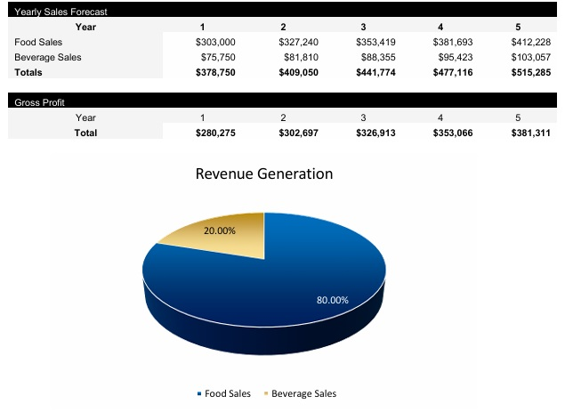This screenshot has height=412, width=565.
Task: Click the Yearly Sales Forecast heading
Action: [x=61, y=12]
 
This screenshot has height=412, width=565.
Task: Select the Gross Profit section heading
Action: [x=39, y=102]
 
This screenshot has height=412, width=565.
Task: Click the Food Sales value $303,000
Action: [x=215, y=42]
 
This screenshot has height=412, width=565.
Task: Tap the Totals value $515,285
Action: [x=531, y=72]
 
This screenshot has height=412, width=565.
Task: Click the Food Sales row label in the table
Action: [x=38, y=42]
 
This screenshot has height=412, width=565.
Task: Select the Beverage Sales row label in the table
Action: [x=47, y=57]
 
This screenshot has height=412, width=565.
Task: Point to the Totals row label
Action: [x=28, y=72]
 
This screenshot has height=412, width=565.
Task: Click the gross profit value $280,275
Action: [x=215, y=133]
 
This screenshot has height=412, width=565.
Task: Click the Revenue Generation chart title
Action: [x=263, y=174]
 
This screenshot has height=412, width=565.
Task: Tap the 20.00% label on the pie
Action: [x=220, y=230]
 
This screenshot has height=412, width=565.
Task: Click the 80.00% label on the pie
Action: [x=333, y=300]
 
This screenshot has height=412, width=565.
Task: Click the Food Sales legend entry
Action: [x=223, y=393]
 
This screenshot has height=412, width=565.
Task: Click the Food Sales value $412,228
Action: [x=531, y=42]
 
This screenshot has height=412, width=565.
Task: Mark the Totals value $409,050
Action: [x=296, y=72]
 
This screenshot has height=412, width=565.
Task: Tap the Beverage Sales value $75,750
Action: [x=218, y=57]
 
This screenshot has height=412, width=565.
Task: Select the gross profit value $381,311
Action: [x=531, y=133]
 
